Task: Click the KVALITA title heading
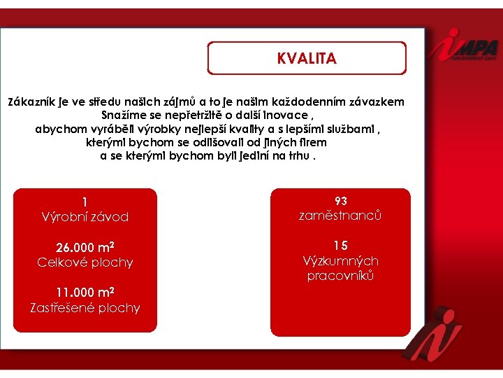click(x=307, y=59)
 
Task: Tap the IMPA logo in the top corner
click(x=464, y=48)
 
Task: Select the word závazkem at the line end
click(x=378, y=101)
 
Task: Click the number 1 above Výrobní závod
click(x=85, y=202)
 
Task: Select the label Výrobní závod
click(x=85, y=217)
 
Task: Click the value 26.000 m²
click(x=85, y=248)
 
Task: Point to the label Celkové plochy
click(x=85, y=262)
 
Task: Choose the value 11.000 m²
click(x=85, y=293)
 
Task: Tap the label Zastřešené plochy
click(x=85, y=307)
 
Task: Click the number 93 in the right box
click(x=340, y=202)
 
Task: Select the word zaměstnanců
click(x=340, y=216)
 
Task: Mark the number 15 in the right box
click(x=340, y=246)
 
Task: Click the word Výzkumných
click(x=340, y=261)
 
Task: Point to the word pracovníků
click(x=340, y=276)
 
